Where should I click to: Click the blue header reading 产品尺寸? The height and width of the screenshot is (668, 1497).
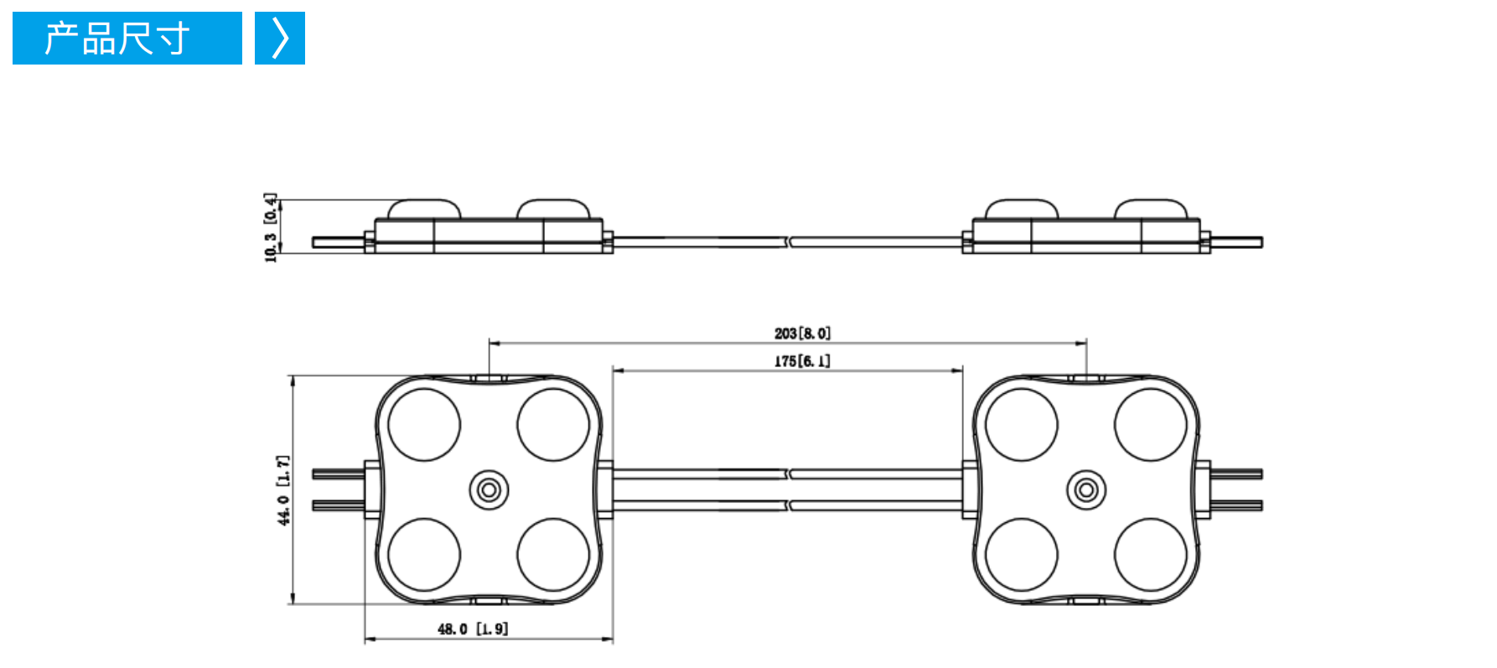pos(127,38)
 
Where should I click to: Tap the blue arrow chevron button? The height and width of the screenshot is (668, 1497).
pos(280,38)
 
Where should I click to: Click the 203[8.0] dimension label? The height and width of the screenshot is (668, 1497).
pos(802,334)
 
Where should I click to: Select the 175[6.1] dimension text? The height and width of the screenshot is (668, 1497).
pos(802,361)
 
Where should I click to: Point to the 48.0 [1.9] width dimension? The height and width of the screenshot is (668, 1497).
pos(473,629)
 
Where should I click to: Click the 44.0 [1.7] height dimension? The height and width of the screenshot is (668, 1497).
pos(284,490)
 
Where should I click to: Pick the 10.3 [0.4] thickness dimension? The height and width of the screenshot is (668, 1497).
pos(271,227)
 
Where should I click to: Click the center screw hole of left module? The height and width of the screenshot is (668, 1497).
pos(489,489)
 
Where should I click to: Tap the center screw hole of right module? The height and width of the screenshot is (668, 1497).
pos(1086,489)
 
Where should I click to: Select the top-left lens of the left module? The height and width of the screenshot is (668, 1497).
pos(424,425)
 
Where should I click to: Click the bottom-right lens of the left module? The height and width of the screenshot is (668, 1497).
pos(553,555)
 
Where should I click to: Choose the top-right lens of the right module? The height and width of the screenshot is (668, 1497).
pos(1151,425)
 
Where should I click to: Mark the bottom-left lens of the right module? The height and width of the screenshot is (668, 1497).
pos(1022,555)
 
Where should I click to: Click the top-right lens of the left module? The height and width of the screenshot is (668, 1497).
pos(553,425)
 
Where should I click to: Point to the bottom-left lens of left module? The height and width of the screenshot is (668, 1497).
pos(424,555)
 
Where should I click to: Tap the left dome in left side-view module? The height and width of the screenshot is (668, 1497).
pos(424,209)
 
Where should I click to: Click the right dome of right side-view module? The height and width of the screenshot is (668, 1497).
pos(1151,209)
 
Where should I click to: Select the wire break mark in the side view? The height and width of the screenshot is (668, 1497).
pos(789,241)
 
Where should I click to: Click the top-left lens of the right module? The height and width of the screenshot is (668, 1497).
pos(1022,425)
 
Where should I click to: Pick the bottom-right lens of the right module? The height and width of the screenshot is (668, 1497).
pos(1151,555)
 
